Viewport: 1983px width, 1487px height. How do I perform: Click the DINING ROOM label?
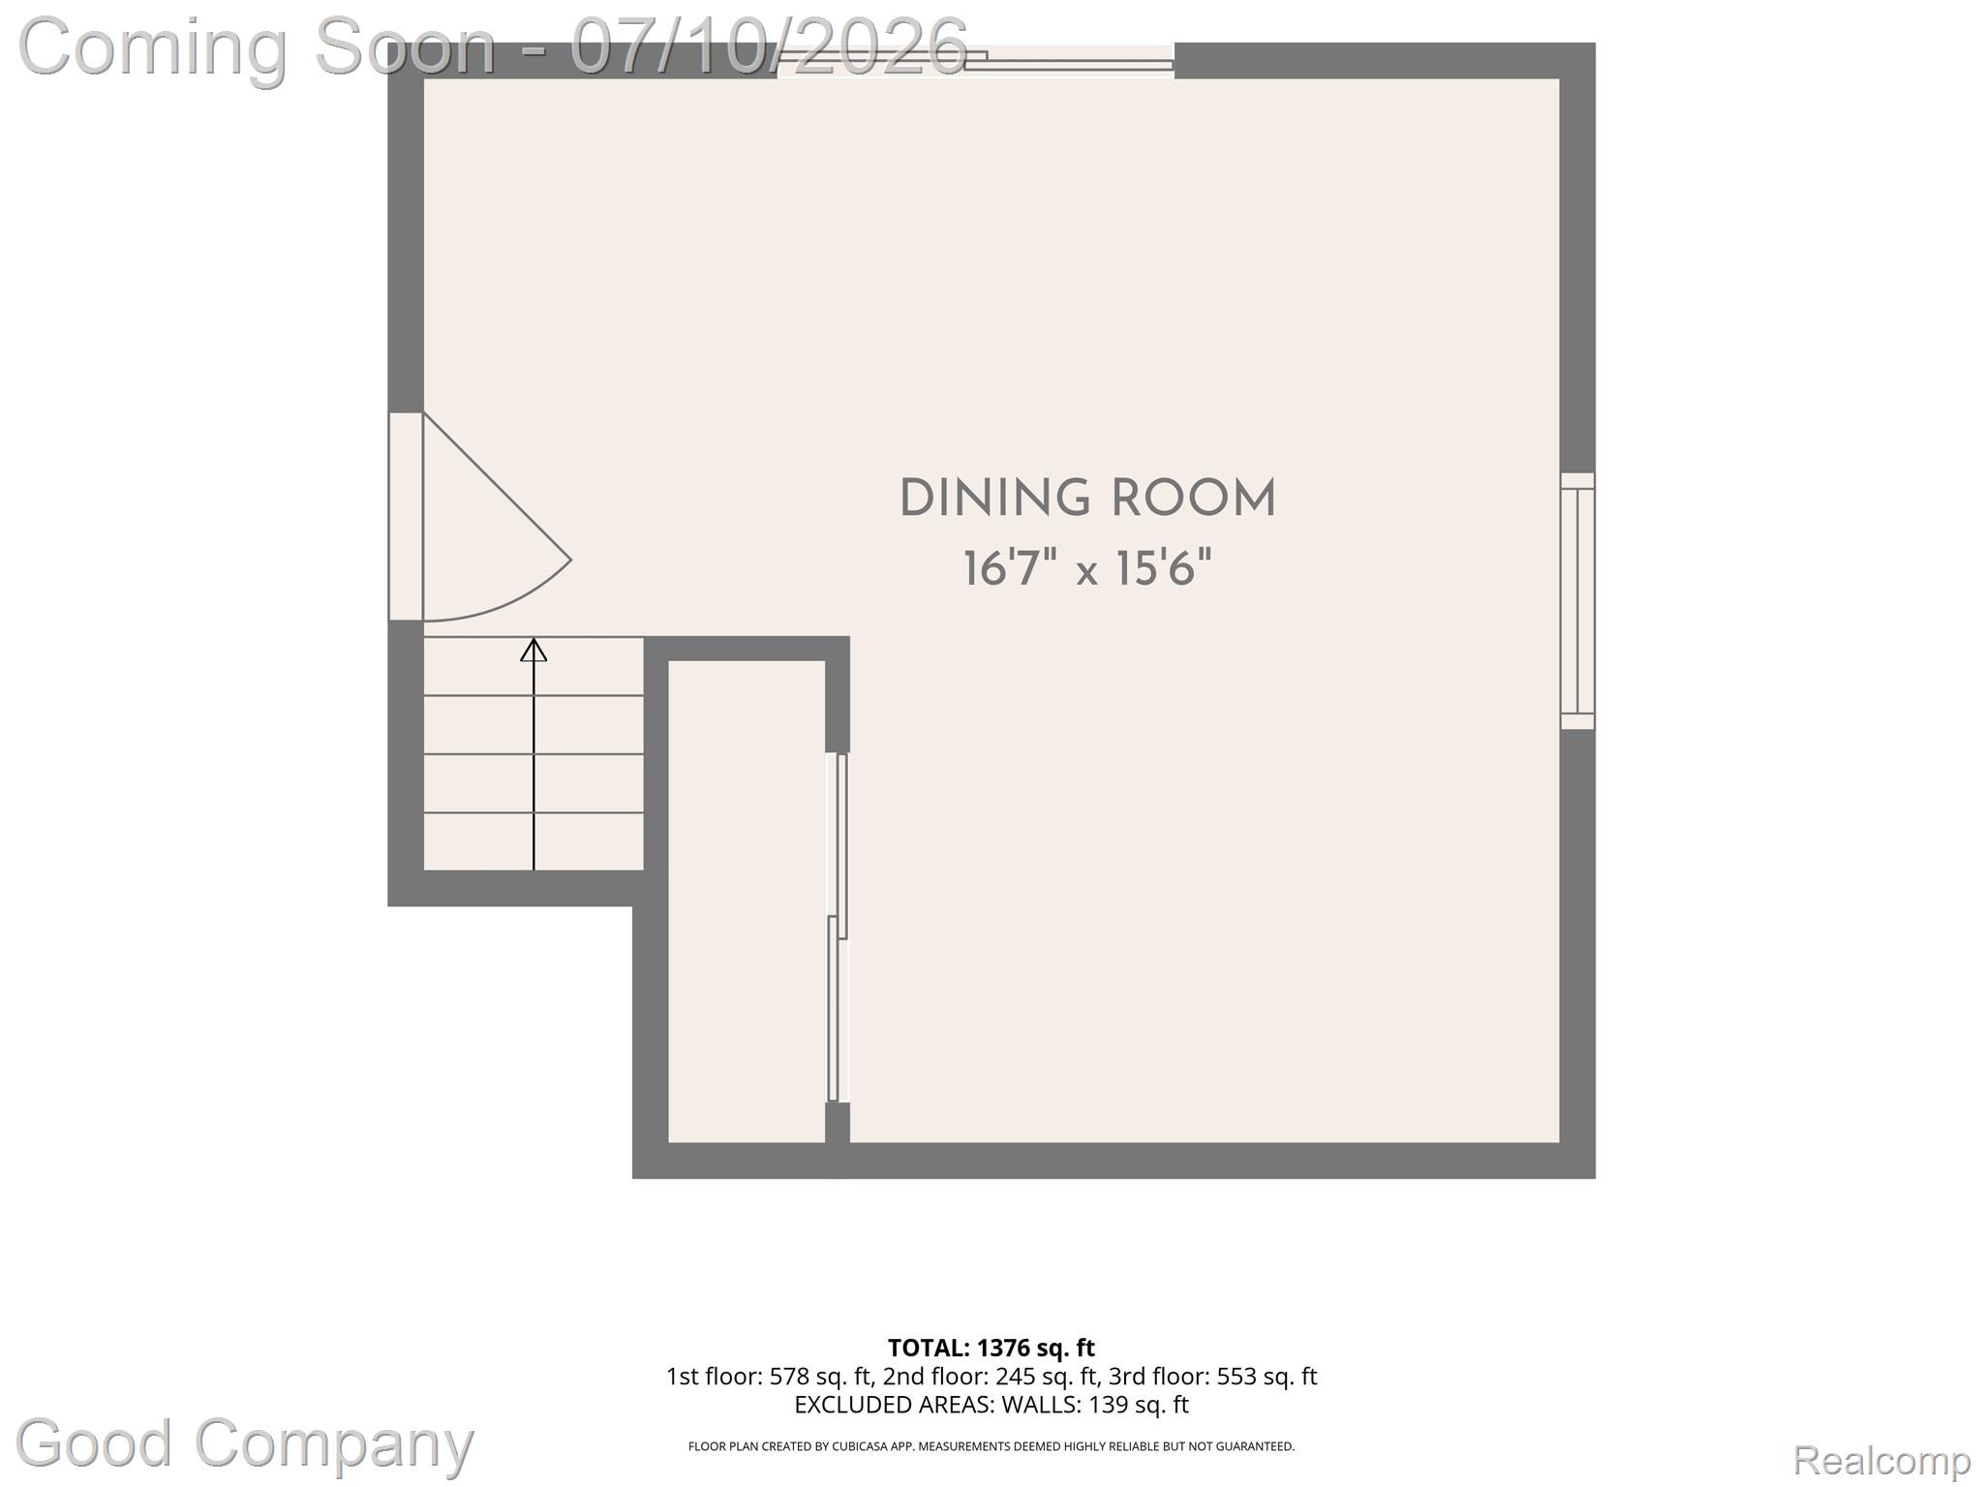coord(1087,499)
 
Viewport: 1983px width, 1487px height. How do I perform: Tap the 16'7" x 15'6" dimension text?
coord(1087,568)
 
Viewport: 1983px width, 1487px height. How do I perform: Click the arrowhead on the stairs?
coord(534,650)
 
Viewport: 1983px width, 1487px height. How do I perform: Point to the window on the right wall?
coord(1577,601)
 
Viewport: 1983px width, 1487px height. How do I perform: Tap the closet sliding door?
coord(838,927)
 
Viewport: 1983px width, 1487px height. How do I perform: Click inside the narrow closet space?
coord(747,900)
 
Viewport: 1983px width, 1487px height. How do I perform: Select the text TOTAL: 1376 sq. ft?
coord(991,1348)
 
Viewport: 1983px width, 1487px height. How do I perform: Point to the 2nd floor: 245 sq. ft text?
coord(991,1377)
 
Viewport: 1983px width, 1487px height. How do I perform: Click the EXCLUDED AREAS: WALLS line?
coord(991,1405)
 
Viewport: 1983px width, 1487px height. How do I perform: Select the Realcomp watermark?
coord(1881,1460)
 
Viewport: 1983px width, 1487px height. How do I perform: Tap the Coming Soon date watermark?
coord(494,46)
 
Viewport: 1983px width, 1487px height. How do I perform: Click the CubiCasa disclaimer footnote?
coord(991,1446)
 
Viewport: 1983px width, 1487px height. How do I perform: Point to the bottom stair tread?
coord(534,841)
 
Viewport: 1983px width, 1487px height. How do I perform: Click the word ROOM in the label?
coord(1193,499)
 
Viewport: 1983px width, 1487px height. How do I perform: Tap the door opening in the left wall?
coord(406,516)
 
